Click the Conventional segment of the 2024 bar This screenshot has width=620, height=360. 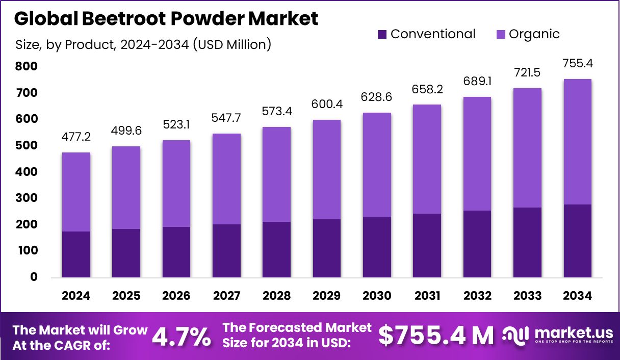pos(76,254)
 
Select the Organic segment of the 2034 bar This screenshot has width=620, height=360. pos(578,142)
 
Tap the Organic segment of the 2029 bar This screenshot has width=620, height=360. pos(327,169)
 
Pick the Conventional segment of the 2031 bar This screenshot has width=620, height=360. pos(427,245)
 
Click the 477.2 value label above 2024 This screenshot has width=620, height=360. pos(76,137)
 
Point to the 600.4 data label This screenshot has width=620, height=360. pos(327,104)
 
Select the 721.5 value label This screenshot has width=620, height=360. pos(527,72)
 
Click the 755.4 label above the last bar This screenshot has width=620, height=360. pos(578,64)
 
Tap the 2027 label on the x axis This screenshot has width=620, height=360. pos(226,296)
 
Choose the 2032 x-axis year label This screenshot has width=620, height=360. pos(477,296)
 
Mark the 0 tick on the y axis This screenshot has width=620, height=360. pos(34,277)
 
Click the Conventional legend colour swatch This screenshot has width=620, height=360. pos(382,35)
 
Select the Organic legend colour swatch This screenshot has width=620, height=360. pos(501,35)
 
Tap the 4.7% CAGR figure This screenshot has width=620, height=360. pos(182,336)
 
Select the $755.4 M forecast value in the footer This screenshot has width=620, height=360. pos(436,336)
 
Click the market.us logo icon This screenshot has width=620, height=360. pos(516,335)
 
